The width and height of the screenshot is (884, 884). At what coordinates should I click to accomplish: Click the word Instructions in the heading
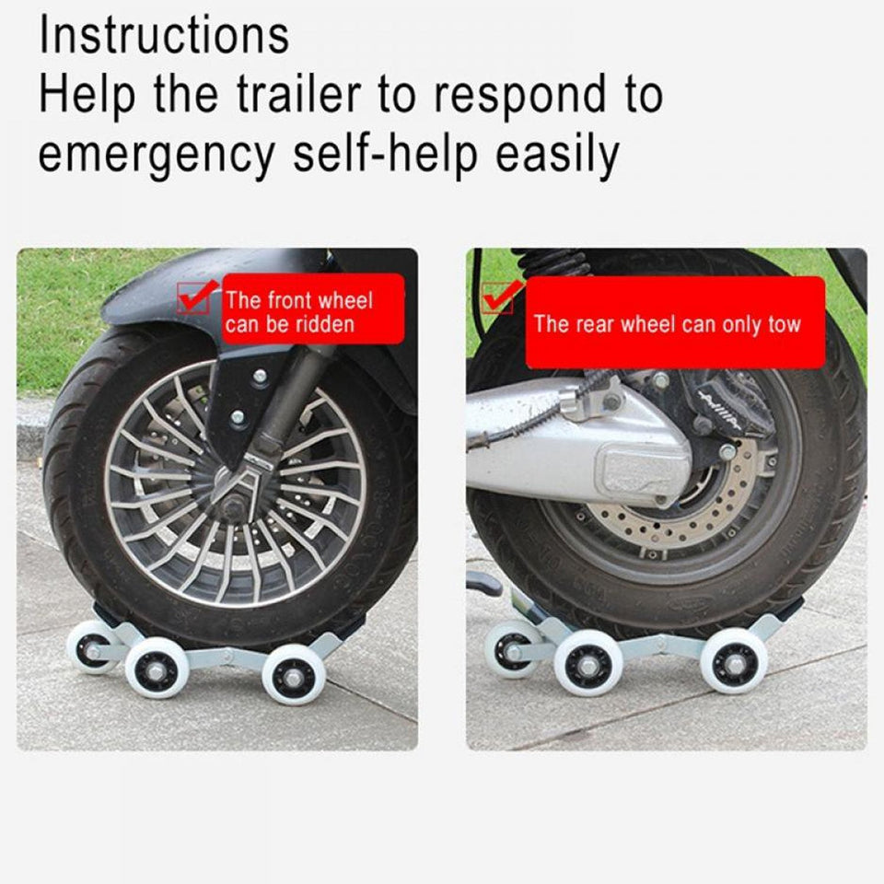(x=164, y=35)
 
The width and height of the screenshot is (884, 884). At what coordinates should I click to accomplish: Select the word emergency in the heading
(x=156, y=155)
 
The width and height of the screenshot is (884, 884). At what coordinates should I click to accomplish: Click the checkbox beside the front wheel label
(x=194, y=297)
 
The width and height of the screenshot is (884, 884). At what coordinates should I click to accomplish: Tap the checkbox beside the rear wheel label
(x=497, y=297)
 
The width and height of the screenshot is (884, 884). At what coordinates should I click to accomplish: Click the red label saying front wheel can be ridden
(x=300, y=311)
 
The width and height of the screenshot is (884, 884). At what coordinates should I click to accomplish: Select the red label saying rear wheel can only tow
(x=667, y=323)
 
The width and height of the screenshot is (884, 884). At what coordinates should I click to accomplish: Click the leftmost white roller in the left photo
(x=92, y=646)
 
